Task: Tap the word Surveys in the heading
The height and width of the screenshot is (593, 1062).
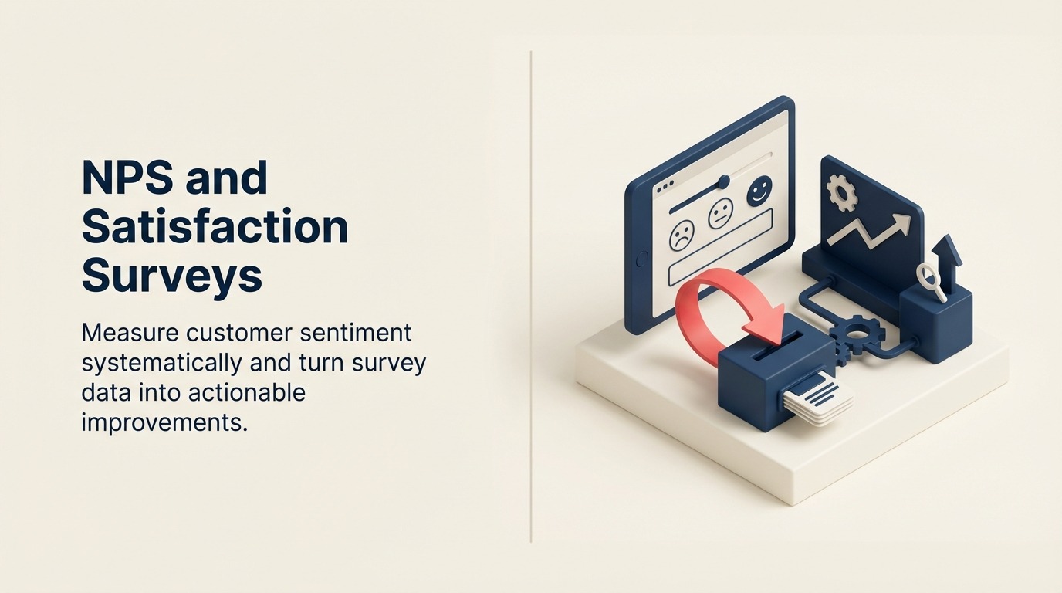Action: [x=171, y=276]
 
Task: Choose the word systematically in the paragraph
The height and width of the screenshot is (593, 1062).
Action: [x=161, y=363]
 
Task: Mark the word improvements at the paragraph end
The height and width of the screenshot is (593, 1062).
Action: [x=164, y=423]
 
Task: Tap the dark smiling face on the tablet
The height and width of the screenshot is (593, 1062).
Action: [x=759, y=191]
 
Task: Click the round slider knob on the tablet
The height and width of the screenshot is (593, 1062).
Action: [x=723, y=181]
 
